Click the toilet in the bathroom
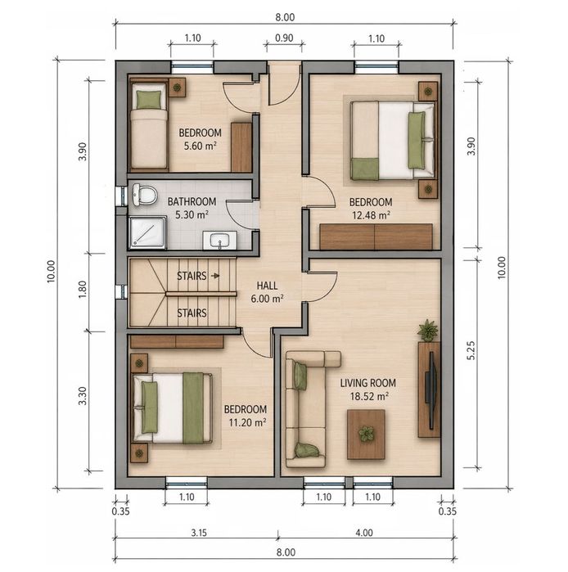pos(144,194)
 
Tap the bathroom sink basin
pos(219,241)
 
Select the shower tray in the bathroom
pos(147,232)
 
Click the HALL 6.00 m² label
pos(267,292)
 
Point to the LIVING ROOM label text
pos(367,383)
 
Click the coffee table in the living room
pos(366,434)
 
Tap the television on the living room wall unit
pos(431,390)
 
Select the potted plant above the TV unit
pos(427,331)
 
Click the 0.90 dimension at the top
pos(284,38)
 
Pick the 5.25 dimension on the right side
pos(471,350)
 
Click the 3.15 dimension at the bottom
pos(199,533)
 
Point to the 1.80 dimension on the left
pos(83,290)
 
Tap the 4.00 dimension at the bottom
pos(364,533)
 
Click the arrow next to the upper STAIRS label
pos(215,276)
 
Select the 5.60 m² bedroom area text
pos(200,146)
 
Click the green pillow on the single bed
pos(148,100)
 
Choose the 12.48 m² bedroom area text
pos(371,215)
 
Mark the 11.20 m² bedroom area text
pos(247,422)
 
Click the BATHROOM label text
pos(192,202)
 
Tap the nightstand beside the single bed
pos(177,88)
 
